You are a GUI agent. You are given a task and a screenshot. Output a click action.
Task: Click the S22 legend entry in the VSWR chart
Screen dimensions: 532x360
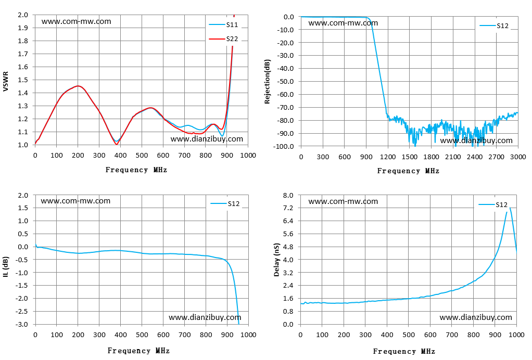pyautogui.click(x=224, y=39)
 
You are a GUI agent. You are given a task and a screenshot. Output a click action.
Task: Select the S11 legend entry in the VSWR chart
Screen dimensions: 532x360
pyautogui.click(x=224, y=25)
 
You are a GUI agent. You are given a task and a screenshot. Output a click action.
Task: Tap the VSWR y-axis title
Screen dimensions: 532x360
pyautogui.click(x=5, y=81)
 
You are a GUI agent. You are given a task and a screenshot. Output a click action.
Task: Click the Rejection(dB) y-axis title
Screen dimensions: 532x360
pyautogui.click(x=268, y=82)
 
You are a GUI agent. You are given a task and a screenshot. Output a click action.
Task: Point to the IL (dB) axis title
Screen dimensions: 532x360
pyautogui.click(x=6, y=267)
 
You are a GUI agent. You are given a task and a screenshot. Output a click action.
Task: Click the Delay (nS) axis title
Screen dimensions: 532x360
pyautogui.click(x=276, y=260)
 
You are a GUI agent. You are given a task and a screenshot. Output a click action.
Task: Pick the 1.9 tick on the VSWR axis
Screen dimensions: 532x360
pyautogui.click(x=23, y=28)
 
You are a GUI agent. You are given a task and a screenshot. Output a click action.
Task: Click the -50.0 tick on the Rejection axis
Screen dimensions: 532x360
pyautogui.click(x=285, y=81)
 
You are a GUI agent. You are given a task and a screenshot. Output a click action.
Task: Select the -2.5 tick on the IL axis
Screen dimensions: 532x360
pyautogui.click(x=22, y=311)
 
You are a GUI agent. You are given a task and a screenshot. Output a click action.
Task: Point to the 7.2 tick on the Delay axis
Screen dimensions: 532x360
pyautogui.click(x=288, y=208)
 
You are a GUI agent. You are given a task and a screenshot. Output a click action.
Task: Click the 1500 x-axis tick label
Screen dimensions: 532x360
pyautogui.click(x=409, y=157)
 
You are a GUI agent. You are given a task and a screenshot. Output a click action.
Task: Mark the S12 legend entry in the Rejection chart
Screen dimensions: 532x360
pyautogui.click(x=494, y=26)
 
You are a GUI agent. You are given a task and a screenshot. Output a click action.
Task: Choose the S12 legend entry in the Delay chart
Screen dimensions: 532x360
pyautogui.click(x=493, y=205)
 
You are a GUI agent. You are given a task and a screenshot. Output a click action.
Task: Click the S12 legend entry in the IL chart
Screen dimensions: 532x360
pyautogui.click(x=225, y=204)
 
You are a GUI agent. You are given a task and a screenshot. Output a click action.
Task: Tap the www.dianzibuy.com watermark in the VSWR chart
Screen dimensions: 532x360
pyautogui.click(x=207, y=139)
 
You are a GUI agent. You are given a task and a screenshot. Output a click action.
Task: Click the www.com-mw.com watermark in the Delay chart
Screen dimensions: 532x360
pyautogui.click(x=343, y=201)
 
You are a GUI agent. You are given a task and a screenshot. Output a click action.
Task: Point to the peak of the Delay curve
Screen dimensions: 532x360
pyautogui.click(x=510, y=208)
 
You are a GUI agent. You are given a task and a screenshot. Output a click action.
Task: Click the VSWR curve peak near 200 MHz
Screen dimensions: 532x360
pyautogui.click(x=78, y=86)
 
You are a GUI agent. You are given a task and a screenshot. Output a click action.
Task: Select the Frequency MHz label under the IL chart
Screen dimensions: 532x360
pyautogui.click(x=138, y=351)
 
